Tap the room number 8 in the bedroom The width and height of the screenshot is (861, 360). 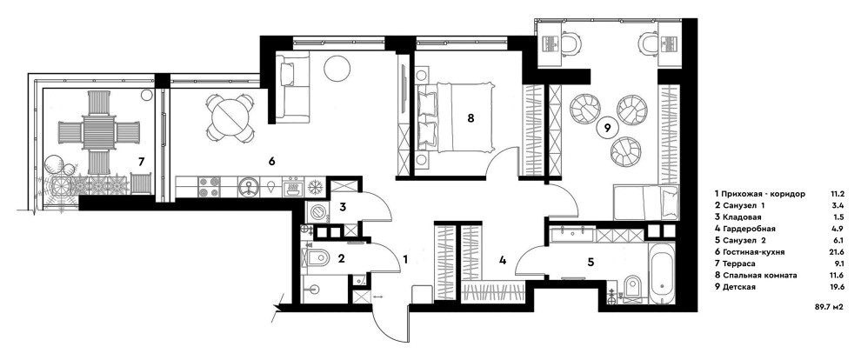471,118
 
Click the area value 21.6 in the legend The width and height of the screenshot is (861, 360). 838,250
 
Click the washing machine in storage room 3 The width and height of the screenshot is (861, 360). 317,211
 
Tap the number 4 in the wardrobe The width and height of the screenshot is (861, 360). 502,259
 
